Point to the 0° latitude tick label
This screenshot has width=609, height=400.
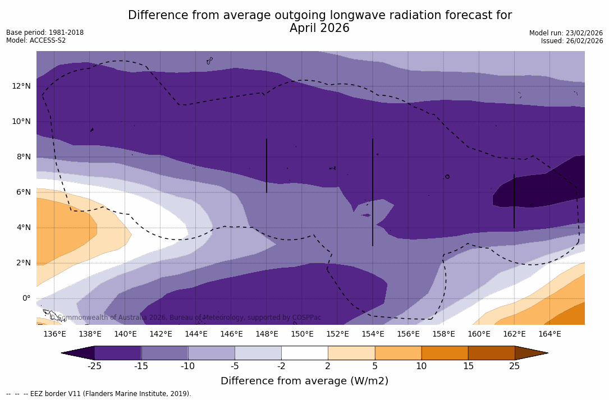[x=26, y=298]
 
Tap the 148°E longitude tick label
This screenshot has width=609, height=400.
[x=267, y=334]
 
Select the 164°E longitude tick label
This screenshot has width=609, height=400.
[x=550, y=334]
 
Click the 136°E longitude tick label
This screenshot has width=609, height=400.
[x=54, y=334]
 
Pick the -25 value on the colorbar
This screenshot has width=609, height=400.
[x=94, y=366]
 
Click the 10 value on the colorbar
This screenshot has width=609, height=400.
[x=421, y=366]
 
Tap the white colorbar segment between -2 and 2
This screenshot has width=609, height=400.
[x=304, y=353]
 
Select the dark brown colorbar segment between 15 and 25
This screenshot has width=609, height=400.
[x=491, y=353]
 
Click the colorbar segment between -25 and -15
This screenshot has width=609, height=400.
[x=118, y=353]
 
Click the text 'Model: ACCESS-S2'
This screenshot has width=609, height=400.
[x=36, y=40]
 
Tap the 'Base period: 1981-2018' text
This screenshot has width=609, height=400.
[x=45, y=33]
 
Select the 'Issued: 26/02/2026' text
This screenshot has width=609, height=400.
[x=571, y=41]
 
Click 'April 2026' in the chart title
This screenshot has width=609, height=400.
[x=319, y=28]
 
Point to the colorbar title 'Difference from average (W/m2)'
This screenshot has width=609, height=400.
[x=304, y=381]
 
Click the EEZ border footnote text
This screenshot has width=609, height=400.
[x=99, y=394]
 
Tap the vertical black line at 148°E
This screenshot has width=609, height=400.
[x=267, y=165]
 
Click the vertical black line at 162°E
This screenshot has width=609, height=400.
[x=514, y=201]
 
